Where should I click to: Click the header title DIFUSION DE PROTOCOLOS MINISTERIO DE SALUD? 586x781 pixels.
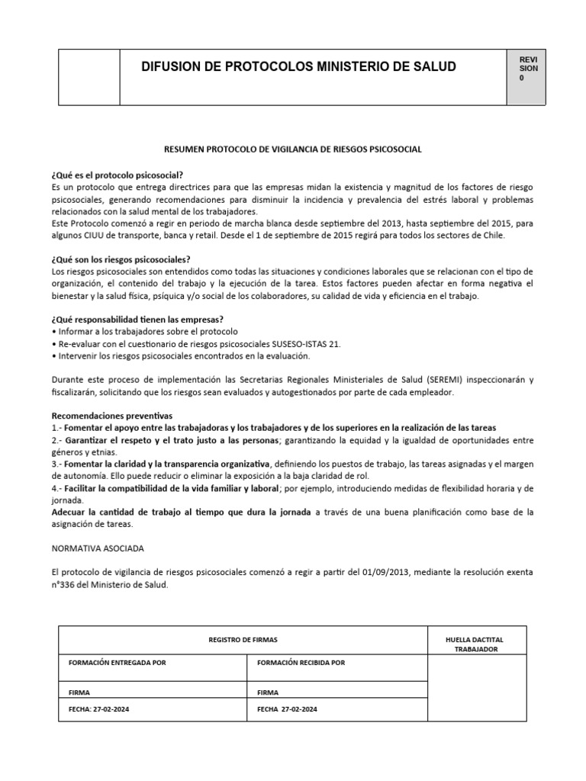tap(298, 67)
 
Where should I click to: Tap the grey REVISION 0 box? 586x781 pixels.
tap(527, 76)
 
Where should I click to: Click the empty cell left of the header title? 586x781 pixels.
tap(89, 76)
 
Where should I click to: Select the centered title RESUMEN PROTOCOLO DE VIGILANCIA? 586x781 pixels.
tap(293, 149)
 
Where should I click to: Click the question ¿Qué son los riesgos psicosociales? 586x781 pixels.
tap(121, 259)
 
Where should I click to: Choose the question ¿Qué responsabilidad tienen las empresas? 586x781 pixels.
tap(137, 319)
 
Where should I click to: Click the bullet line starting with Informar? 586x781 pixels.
tap(144, 332)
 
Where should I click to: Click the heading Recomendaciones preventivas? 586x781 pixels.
tap(112, 416)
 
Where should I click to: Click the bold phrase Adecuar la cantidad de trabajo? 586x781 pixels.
tap(181, 512)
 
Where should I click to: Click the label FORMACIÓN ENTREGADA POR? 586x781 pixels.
tap(117, 663)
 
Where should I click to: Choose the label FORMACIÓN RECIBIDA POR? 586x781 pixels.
tap(301, 663)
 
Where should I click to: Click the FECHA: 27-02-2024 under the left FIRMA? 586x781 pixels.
tap(98, 709)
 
